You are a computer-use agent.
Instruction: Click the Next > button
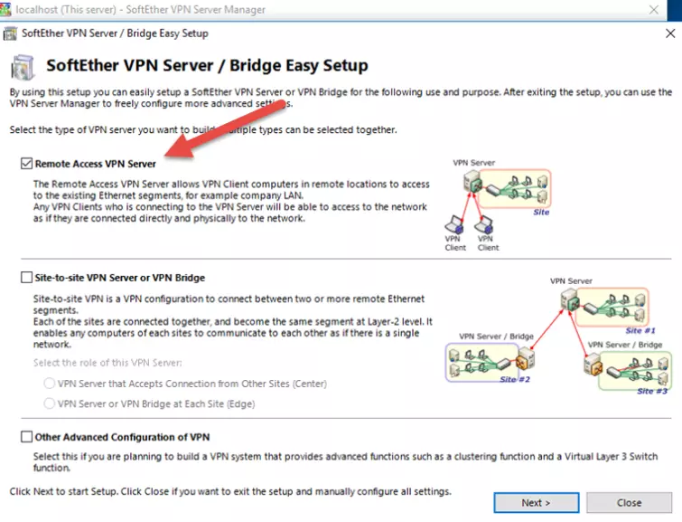[536, 502]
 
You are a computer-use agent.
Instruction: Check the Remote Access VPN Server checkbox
[26, 164]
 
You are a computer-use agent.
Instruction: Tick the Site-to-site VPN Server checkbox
[26, 278]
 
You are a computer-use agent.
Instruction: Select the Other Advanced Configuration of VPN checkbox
[26, 437]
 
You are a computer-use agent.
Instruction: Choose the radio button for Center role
[49, 384]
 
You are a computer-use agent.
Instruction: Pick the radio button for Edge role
[49, 403]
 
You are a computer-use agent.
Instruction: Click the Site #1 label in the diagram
[639, 331]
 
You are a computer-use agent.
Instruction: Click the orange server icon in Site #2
[522, 367]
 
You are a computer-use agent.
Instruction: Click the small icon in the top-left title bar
[10, 33]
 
